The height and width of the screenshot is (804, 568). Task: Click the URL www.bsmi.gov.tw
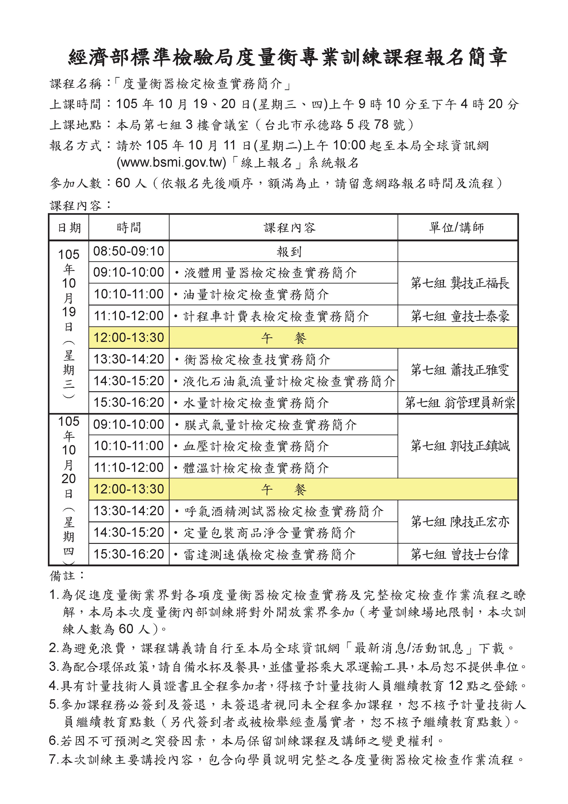pyautogui.click(x=171, y=163)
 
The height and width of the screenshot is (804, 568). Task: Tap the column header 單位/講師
pyautogui.click(x=457, y=228)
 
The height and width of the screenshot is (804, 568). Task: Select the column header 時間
pyautogui.click(x=129, y=228)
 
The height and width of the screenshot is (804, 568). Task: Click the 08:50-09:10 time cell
pyautogui.click(x=129, y=251)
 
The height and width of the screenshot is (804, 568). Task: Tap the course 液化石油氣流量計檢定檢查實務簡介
pyautogui.click(x=289, y=381)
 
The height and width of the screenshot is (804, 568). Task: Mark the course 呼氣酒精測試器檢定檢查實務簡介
pyautogui.click(x=283, y=511)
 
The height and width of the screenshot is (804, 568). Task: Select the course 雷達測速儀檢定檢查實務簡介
pyautogui.click(x=269, y=554)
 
